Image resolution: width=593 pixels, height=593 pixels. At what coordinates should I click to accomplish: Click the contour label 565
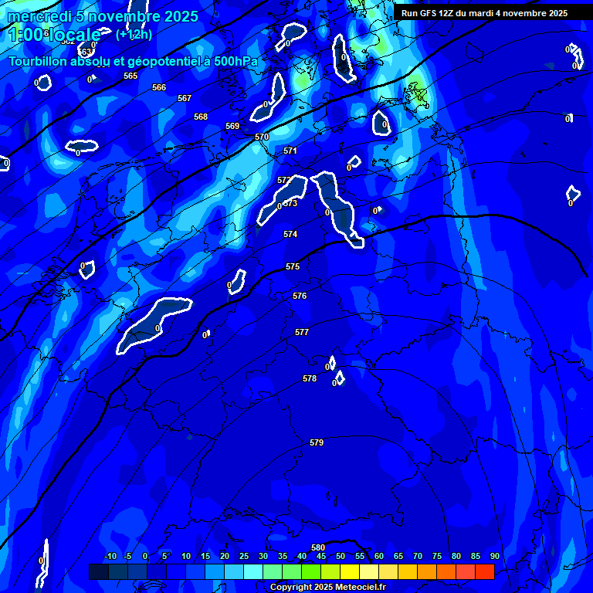tap(130, 76)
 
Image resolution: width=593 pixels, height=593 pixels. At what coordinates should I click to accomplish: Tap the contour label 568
tap(201, 117)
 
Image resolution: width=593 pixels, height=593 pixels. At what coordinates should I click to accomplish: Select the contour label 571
tap(290, 151)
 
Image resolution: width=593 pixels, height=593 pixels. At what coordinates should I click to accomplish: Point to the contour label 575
tap(293, 266)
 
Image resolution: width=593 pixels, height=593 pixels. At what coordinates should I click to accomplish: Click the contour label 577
tap(302, 332)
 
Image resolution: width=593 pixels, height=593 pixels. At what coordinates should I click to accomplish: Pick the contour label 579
tap(317, 442)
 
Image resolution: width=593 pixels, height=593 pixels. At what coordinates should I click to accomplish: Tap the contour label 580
tap(318, 547)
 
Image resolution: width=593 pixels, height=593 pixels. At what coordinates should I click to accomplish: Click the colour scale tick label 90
tap(494, 557)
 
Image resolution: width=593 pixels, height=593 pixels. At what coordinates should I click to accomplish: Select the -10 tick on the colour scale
tap(110, 557)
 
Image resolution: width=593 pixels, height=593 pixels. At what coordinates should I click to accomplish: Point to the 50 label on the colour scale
tap(341, 557)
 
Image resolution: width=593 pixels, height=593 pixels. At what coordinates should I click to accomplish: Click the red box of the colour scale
tap(484, 571)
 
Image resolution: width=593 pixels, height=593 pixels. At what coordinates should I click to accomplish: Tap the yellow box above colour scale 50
tap(349, 571)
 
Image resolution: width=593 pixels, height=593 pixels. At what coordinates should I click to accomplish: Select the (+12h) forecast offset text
tap(134, 34)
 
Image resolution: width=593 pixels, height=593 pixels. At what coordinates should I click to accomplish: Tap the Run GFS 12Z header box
tap(484, 13)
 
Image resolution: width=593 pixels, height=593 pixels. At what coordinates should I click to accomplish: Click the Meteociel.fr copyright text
tap(327, 588)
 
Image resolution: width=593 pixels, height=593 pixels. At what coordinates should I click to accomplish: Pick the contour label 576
tap(300, 296)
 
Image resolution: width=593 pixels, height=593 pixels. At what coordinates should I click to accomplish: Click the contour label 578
tap(310, 378)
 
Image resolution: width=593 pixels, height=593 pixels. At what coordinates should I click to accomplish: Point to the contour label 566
tap(159, 87)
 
